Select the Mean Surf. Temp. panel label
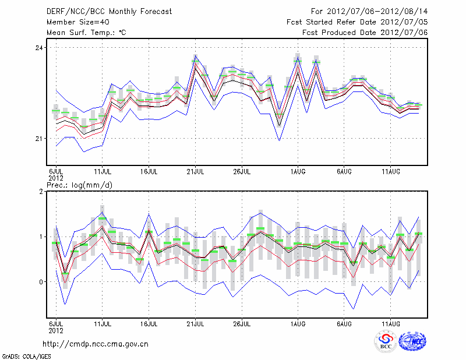(86, 33)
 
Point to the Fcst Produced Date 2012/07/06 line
(365, 33)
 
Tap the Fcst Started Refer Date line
(358, 22)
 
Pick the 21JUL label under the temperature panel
(196, 172)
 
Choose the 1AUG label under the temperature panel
(298, 172)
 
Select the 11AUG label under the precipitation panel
(391, 322)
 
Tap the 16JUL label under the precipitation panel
(149, 322)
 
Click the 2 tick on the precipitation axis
(41, 192)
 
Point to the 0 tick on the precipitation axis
(41, 282)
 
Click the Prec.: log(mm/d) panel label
(79, 185)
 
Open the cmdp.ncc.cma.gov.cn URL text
(96, 344)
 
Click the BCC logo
(386, 343)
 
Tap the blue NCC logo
(412, 343)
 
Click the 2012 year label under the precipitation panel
(55, 329)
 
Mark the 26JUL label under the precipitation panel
(242, 322)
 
